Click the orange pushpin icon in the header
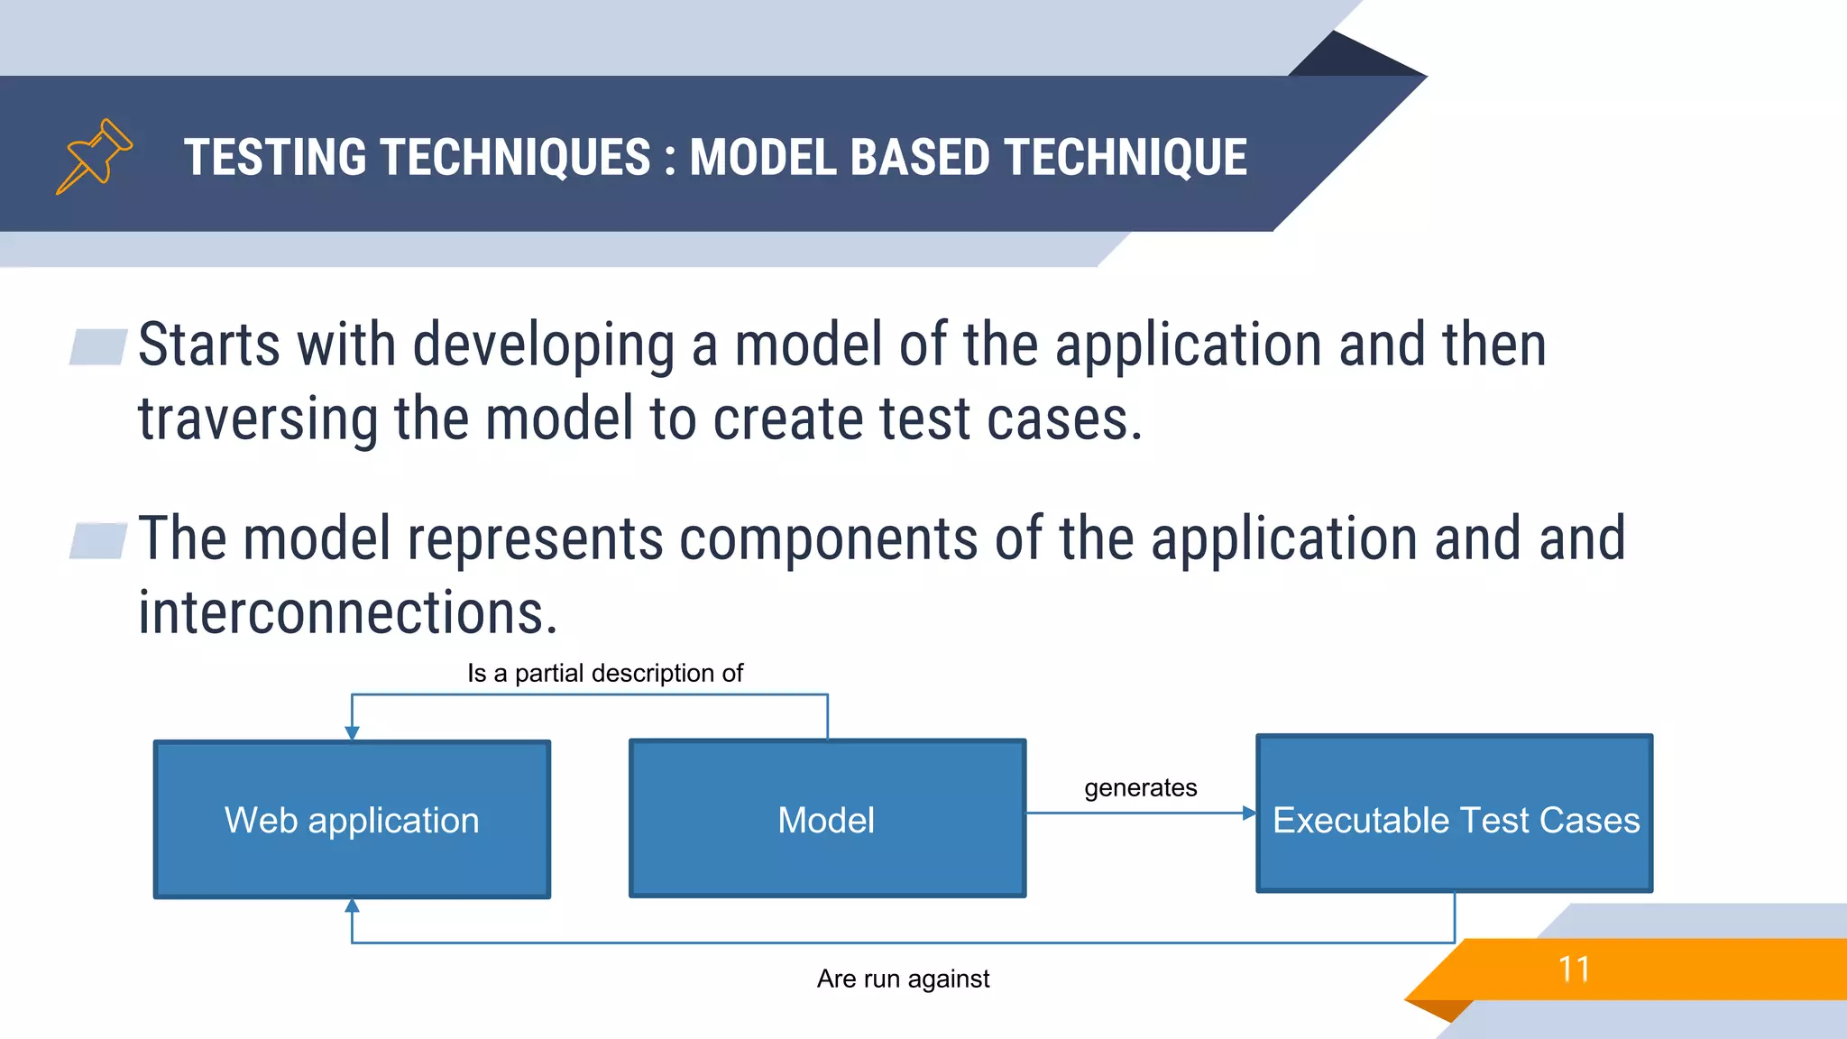94,156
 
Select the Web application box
352,819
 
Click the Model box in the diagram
827,819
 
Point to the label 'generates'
1140,787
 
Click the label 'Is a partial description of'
604,673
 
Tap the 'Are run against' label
903,979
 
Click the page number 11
1574,970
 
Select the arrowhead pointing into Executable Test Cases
1249,813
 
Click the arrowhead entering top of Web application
352,733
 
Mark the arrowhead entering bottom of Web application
352,906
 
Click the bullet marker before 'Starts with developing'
98,346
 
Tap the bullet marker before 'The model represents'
98,540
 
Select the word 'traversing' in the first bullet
257,419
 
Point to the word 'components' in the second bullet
828,538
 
